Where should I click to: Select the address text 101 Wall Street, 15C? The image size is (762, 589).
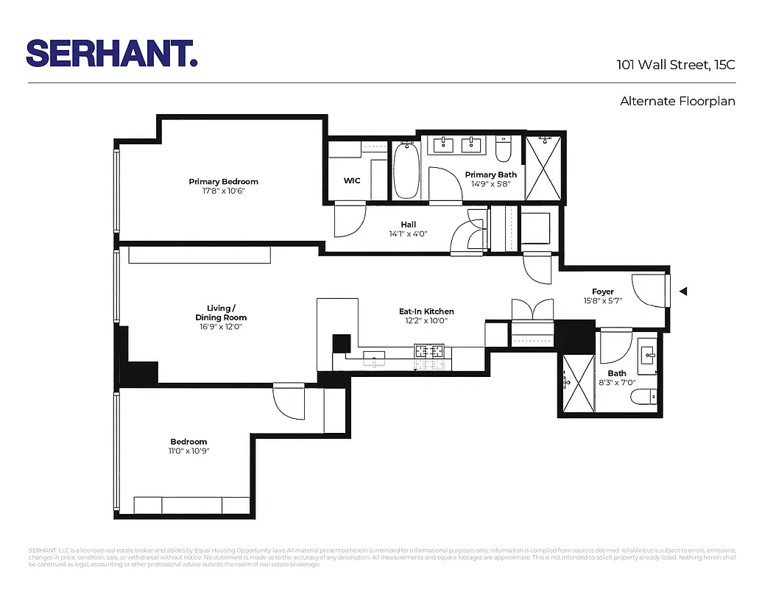(x=675, y=65)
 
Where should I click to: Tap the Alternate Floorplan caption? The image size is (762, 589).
(x=677, y=102)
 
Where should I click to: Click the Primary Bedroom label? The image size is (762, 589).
(x=223, y=182)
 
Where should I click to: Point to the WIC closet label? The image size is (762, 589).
(x=352, y=181)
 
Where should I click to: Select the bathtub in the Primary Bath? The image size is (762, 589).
(x=405, y=171)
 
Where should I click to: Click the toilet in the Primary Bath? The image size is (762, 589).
(x=504, y=150)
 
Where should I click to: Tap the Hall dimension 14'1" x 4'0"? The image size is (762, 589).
(x=408, y=234)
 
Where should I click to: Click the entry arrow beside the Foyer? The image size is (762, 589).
(x=682, y=292)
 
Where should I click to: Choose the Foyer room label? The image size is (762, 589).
(x=602, y=292)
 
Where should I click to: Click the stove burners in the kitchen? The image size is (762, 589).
(x=430, y=352)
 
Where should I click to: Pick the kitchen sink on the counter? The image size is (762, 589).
(x=375, y=359)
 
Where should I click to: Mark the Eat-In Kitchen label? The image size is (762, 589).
(x=426, y=311)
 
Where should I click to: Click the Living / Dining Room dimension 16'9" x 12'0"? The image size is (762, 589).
(x=220, y=327)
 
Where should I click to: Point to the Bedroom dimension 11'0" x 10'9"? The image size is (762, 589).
(x=189, y=451)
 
